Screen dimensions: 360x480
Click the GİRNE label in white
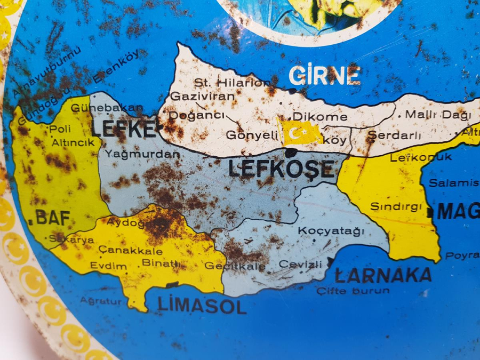coord(325,76)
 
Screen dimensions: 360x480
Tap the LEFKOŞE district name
coord(281,169)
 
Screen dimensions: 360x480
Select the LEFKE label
coord(124,129)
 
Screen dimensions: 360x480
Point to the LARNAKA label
coord(383,275)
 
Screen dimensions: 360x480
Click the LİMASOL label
coord(202,305)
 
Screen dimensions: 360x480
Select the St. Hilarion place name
coord(231,82)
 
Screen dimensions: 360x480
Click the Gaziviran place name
coord(202,97)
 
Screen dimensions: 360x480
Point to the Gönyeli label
coord(253,135)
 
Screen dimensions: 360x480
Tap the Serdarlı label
coord(394,135)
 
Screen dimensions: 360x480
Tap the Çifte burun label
coord(353,291)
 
